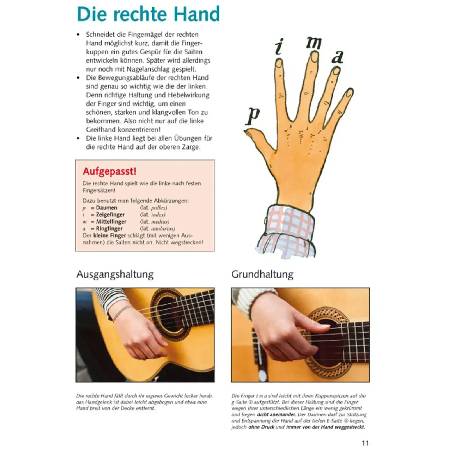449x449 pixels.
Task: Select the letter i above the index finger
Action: click(x=279, y=47)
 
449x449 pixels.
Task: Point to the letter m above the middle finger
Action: click(x=313, y=42)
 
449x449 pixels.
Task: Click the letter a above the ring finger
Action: click(x=338, y=57)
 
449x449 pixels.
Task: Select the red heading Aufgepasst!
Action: click(x=109, y=171)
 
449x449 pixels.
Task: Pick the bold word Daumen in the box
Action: click(x=107, y=208)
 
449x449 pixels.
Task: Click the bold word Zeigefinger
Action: click(x=110, y=215)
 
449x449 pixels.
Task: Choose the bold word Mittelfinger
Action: click(x=111, y=221)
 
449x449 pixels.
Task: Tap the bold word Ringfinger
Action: click(x=109, y=228)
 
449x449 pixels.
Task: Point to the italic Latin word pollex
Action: click(x=159, y=208)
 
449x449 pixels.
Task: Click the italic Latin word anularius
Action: click(x=163, y=228)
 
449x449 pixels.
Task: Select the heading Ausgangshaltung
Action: click(x=115, y=274)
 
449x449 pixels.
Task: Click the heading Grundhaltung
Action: click(x=262, y=274)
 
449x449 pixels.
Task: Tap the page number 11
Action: click(x=365, y=443)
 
